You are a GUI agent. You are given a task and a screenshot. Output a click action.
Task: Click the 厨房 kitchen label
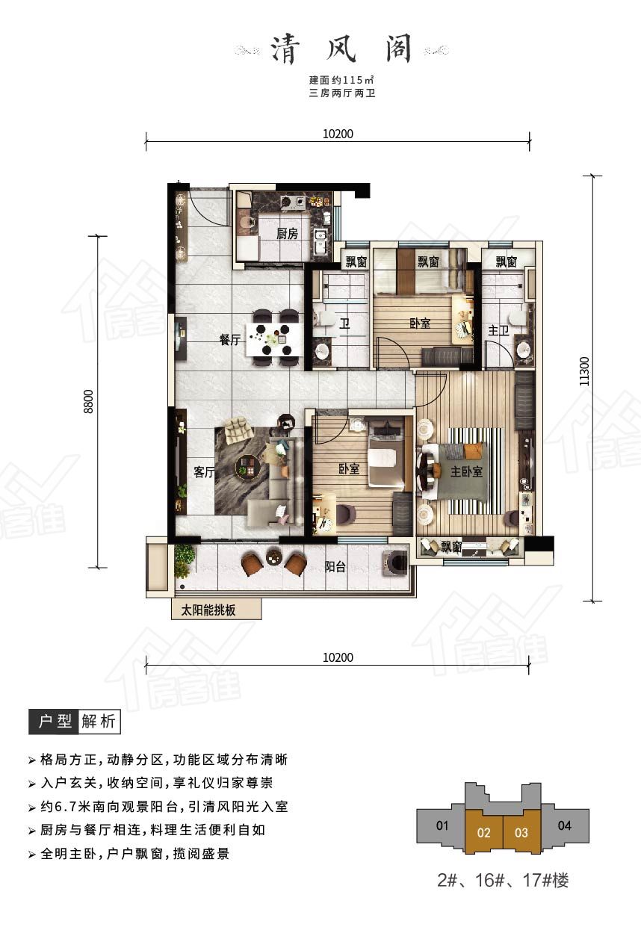tap(287, 234)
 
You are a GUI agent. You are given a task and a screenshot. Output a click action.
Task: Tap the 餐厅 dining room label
tap(230, 339)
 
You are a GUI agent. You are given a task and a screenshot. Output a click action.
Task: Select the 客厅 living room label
tap(204, 472)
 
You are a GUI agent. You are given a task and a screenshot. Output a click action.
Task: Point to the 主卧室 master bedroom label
tap(466, 472)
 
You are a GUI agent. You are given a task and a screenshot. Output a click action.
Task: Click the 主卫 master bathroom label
tap(498, 330)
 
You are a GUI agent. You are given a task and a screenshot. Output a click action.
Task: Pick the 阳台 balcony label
tap(335, 567)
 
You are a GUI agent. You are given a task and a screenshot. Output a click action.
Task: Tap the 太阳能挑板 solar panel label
tap(208, 610)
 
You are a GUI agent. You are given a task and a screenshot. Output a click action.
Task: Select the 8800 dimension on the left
tap(89, 402)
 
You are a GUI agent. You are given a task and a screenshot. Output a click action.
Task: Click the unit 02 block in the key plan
tap(483, 831)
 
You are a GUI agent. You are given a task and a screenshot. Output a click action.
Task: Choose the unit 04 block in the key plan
tap(565, 825)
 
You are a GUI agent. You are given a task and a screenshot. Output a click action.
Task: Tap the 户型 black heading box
tap(54, 722)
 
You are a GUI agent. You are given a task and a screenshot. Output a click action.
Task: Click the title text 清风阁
tap(341, 49)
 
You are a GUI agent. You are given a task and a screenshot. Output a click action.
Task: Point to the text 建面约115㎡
tap(341, 79)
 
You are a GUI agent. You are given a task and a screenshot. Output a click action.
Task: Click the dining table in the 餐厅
tap(274, 338)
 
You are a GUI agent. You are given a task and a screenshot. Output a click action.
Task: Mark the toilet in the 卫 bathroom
tap(323, 320)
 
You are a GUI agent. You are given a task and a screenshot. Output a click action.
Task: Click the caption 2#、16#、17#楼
tap(503, 881)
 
